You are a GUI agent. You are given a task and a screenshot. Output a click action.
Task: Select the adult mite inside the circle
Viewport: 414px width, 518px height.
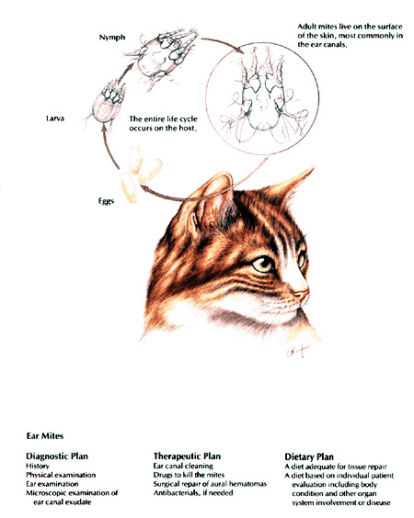(271, 102)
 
